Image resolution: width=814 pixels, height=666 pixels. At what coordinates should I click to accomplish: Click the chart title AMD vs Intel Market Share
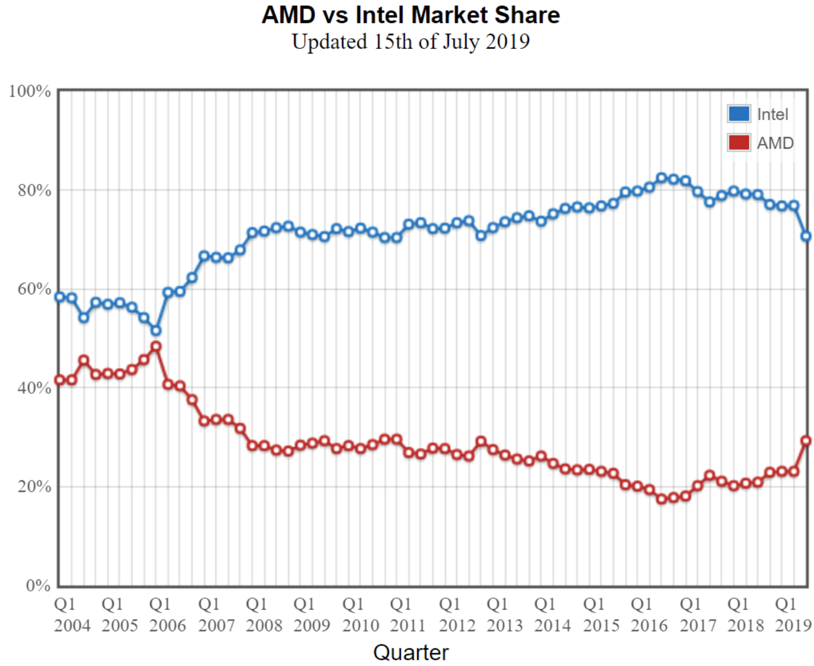pos(410,15)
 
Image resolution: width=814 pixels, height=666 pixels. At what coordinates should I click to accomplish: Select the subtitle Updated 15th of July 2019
pos(410,42)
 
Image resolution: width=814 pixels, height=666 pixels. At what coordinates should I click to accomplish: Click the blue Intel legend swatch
pos(739,114)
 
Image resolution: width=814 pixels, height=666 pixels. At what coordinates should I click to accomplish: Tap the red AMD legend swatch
pos(739,142)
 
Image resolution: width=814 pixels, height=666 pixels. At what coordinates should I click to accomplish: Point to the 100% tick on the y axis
pos(30,91)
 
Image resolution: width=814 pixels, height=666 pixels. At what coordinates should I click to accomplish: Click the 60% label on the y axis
pos(34,289)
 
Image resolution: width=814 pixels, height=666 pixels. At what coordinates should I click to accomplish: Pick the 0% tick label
pos(38,585)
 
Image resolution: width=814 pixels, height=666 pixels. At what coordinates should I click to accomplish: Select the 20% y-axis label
pos(34,487)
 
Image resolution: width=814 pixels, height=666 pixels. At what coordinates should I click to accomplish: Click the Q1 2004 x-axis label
pos(72,615)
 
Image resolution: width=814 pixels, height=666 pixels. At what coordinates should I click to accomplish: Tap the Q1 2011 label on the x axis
pos(408,615)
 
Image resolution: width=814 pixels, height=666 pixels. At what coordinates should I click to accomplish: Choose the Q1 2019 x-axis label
pos(792,615)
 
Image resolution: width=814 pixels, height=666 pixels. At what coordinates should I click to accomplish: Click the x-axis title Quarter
pos(410,652)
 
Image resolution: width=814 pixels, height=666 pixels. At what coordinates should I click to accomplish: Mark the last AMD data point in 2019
pos(806,441)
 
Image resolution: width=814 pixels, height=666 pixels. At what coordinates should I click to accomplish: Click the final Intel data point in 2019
pos(806,236)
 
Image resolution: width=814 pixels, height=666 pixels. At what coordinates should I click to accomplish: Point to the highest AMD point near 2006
pos(156,347)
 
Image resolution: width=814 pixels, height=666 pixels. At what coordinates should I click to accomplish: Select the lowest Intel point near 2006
pos(156,331)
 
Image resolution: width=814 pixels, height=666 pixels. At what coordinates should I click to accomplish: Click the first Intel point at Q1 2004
pos(60,297)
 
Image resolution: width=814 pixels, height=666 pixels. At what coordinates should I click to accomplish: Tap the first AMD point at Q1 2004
pos(60,380)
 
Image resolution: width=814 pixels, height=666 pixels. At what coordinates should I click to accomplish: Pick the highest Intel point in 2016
pos(661,178)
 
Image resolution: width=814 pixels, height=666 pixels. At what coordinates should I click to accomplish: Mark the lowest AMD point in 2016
pos(661,499)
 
